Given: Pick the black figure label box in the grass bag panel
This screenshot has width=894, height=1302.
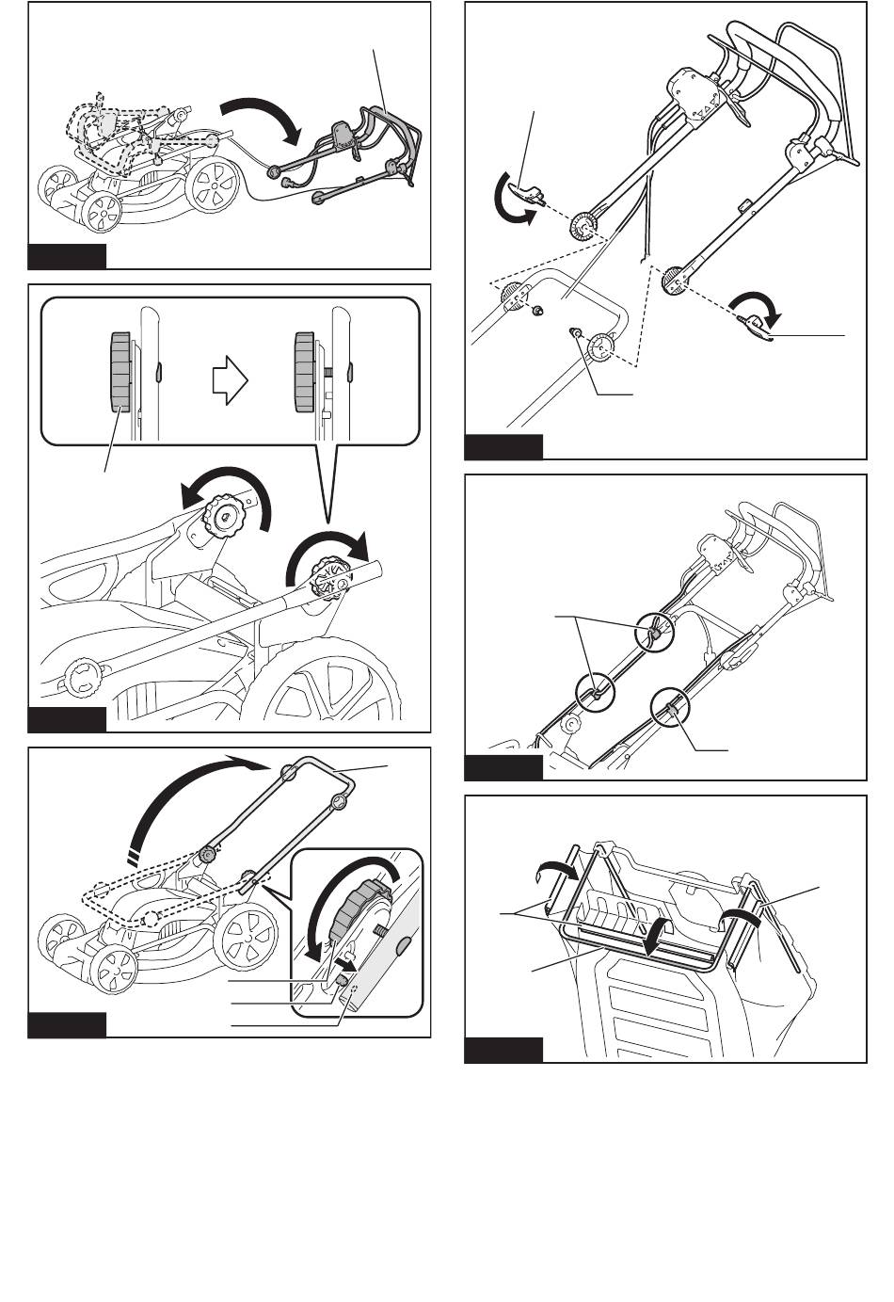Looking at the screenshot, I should (503, 1050).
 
